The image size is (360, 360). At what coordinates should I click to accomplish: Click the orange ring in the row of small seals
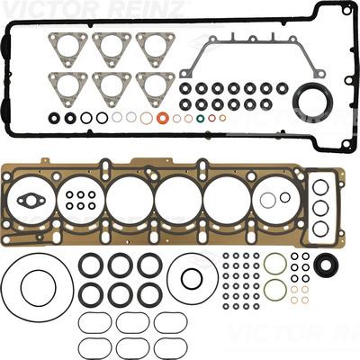pos(163,118)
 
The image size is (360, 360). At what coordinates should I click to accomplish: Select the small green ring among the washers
pos(200,118)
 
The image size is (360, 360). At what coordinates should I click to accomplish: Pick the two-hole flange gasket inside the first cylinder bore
pos(31,200)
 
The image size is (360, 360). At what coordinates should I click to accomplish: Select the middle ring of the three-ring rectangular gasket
pos(320,208)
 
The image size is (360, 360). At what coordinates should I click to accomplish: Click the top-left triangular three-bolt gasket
pos(67,49)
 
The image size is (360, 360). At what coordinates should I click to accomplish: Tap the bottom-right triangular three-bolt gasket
pos(156,89)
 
